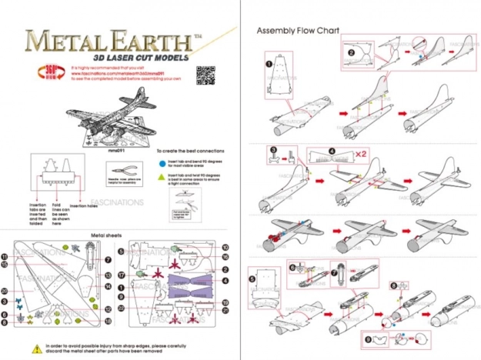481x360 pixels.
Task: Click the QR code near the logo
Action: click(204, 75)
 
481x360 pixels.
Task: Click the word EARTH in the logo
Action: click(149, 40)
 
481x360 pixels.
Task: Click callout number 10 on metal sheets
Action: click(225, 248)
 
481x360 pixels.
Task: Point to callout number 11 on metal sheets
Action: click(5, 257)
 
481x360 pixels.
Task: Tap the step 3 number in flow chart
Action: click(273, 149)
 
